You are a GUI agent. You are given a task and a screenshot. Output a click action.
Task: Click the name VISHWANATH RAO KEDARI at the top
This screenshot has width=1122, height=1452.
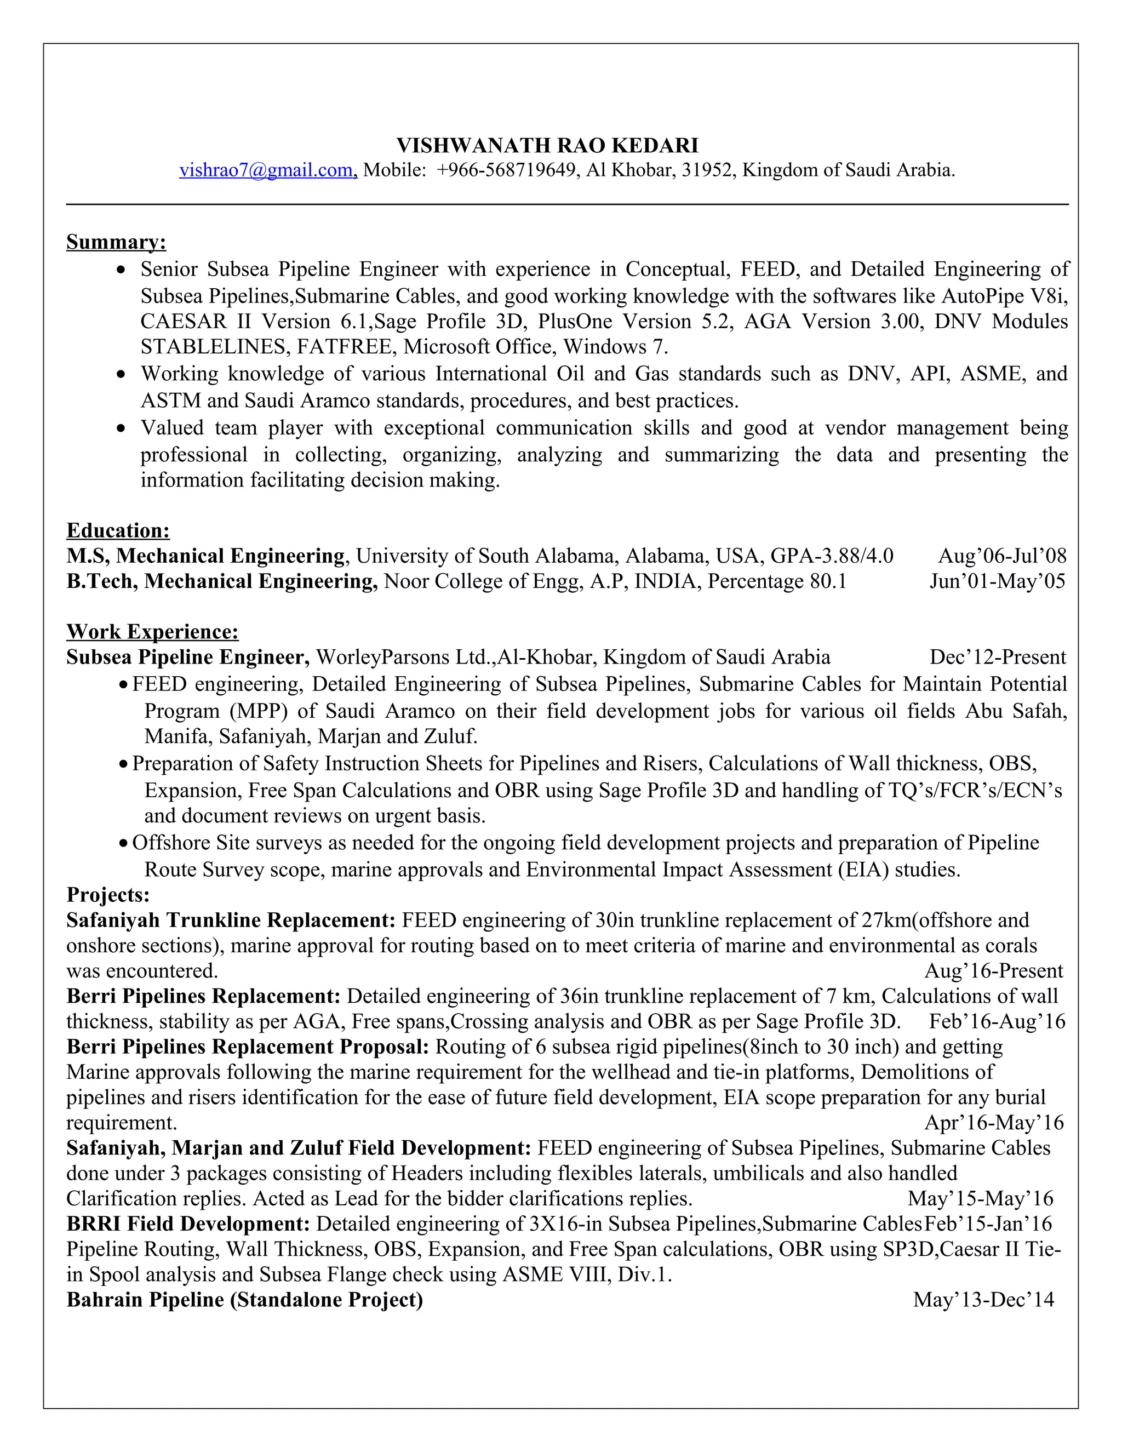[x=547, y=145]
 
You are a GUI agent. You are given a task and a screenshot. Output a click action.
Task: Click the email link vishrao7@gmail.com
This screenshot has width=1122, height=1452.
[x=268, y=170]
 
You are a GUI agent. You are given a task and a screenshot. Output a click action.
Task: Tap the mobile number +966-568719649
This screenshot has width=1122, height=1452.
[x=506, y=170]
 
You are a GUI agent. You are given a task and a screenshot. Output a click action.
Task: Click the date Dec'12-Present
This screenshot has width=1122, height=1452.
[x=997, y=657]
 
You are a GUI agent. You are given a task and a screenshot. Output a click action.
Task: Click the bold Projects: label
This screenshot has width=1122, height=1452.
[x=108, y=895]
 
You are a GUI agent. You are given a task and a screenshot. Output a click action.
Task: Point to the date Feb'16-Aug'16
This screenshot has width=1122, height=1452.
[x=997, y=1021]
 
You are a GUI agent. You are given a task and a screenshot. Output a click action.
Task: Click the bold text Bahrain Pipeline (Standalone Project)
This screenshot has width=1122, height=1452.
[x=244, y=1300]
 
